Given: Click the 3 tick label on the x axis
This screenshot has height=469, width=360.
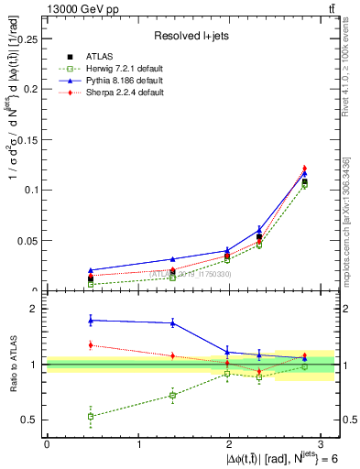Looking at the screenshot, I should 323,442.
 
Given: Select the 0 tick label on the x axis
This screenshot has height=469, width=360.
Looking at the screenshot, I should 47,442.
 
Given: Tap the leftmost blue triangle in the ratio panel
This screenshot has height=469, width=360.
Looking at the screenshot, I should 90,320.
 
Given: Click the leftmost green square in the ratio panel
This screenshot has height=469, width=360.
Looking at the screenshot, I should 90,416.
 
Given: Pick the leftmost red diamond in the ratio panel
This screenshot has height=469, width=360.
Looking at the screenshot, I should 90,345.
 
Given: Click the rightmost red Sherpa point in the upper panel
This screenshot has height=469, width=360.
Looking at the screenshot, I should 304,169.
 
